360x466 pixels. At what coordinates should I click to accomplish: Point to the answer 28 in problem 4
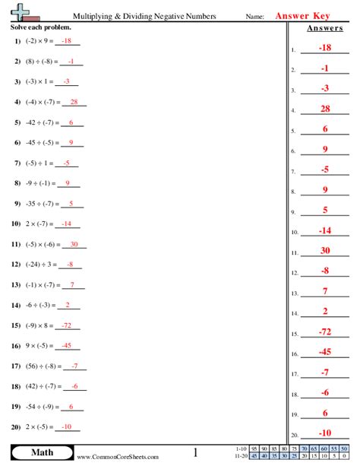tap(73, 102)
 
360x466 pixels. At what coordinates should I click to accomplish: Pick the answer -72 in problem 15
tap(68, 324)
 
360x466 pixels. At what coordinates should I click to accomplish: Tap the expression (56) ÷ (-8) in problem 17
tap(43, 366)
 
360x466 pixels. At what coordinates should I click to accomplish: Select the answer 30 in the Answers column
tap(325, 250)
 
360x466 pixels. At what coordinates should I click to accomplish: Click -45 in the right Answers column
tap(325, 352)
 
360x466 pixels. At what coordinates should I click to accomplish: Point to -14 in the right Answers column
tap(325, 230)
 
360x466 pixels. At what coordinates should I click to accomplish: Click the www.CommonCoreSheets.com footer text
tap(118, 457)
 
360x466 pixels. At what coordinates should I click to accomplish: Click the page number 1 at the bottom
tap(195, 453)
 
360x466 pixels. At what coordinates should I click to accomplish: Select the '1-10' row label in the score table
tap(241, 449)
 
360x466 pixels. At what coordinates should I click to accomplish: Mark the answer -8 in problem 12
tap(69, 265)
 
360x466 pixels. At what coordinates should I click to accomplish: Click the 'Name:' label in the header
tap(255, 16)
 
